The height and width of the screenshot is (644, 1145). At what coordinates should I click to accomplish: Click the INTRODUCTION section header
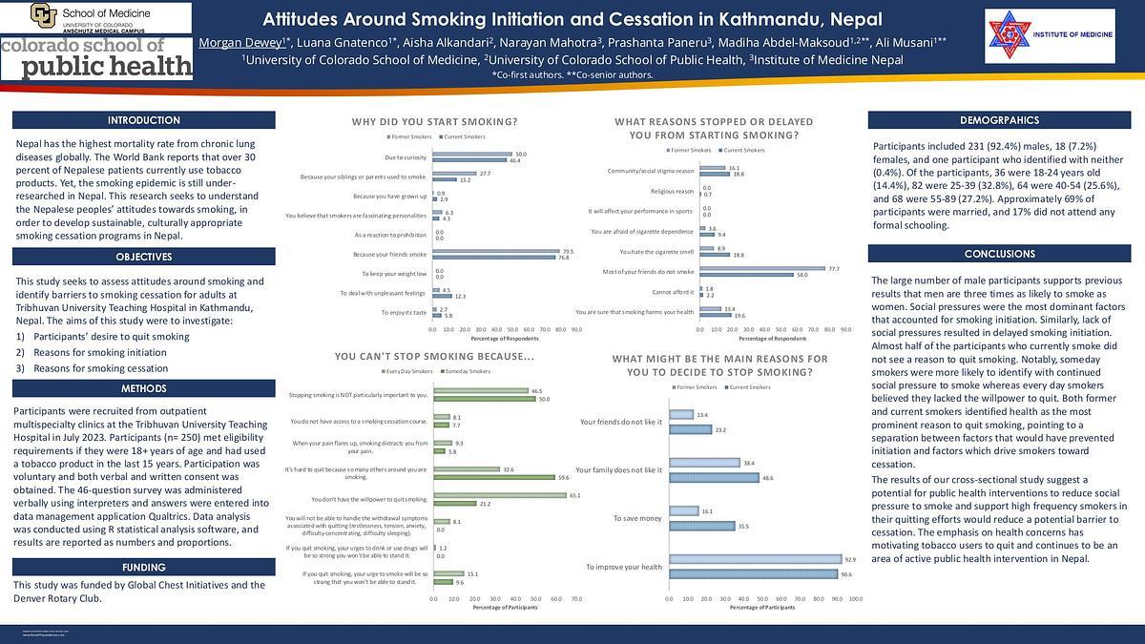144,121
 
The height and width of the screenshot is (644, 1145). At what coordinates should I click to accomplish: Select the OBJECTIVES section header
144,257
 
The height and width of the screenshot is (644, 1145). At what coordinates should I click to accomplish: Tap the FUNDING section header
144,568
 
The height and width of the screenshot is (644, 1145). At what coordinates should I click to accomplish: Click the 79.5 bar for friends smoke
496,251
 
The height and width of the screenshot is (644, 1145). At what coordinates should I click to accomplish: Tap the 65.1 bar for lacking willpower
500,495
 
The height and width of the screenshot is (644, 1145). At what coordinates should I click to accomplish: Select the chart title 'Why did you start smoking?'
434,122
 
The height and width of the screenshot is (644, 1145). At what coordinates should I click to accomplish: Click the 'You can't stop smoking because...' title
434,357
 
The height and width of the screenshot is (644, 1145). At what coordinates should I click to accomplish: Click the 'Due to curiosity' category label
405,157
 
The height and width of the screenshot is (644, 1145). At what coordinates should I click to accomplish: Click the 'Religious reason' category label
672,192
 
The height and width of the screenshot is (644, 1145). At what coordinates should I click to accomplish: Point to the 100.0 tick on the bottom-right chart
856,599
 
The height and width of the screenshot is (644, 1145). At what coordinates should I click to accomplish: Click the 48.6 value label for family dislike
768,477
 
